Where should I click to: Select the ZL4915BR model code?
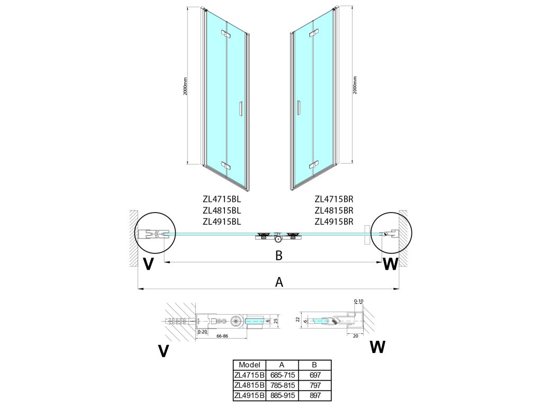pyautogui.click(x=333, y=222)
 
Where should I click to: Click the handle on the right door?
pyautogui.click(x=300, y=108)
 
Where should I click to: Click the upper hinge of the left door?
pyautogui.click(x=228, y=36)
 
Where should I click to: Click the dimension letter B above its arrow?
pyautogui.click(x=279, y=255)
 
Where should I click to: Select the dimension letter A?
pyautogui.click(x=279, y=282)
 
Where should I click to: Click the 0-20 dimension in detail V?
pyautogui.click(x=201, y=332)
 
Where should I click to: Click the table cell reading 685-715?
pyautogui.click(x=282, y=375)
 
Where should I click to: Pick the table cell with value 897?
pyautogui.click(x=315, y=395)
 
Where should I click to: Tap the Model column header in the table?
pyautogui.click(x=249, y=365)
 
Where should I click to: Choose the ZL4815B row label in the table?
pyautogui.click(x=249, y=385)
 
